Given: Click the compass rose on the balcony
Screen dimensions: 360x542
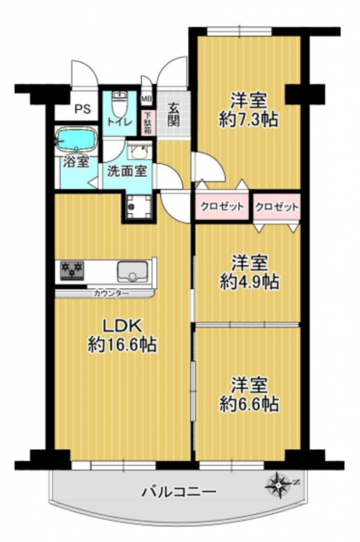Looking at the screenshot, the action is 279,486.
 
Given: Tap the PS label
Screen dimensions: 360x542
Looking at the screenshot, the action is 83,109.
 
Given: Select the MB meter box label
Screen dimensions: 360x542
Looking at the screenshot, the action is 146,99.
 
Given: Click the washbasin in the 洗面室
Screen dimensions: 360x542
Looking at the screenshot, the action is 140,151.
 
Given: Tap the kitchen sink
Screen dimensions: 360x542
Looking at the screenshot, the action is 132,272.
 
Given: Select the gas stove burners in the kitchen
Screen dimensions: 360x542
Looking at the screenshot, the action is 72,270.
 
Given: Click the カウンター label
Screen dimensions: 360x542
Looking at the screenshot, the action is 111,294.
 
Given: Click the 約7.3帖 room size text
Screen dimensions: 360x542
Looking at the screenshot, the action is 249,119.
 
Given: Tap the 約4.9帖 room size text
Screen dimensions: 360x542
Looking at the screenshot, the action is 249,282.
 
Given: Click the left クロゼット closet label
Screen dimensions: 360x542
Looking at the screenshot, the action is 223,207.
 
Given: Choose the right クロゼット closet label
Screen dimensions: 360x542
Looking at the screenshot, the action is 277,207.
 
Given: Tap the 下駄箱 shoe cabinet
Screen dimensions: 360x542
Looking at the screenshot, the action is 147,123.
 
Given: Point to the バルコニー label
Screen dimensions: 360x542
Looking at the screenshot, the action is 180,491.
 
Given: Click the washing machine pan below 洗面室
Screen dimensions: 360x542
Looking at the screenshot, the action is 138,207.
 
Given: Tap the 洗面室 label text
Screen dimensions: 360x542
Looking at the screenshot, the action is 127,171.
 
